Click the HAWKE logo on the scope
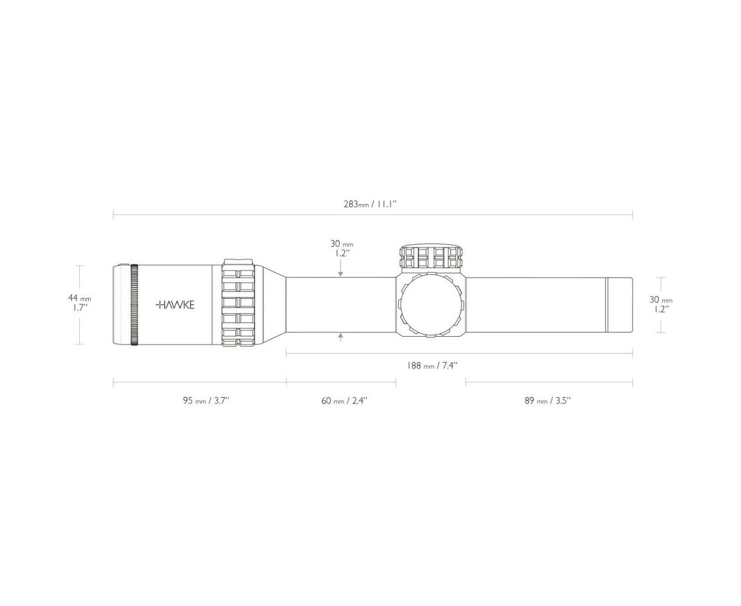coord(175,305)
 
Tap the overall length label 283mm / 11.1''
coord(370,204)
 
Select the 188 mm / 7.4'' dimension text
coord(432,365)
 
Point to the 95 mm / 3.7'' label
coord(206,401)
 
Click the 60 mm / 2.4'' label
coord(344,401)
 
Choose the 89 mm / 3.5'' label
coord(547,401)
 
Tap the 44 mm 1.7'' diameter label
coord(79,303)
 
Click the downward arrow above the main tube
coord(340,268)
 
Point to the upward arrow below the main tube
coord(340,337)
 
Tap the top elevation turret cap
coord(431,257)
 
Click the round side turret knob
coord(431,305)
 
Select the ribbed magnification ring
coord(237,303)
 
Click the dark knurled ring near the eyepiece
coord(134,304)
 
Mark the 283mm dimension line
coord(373,215)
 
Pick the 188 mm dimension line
coord(459,354)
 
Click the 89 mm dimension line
coord(549,382)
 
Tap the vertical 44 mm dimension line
coord(79,305)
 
